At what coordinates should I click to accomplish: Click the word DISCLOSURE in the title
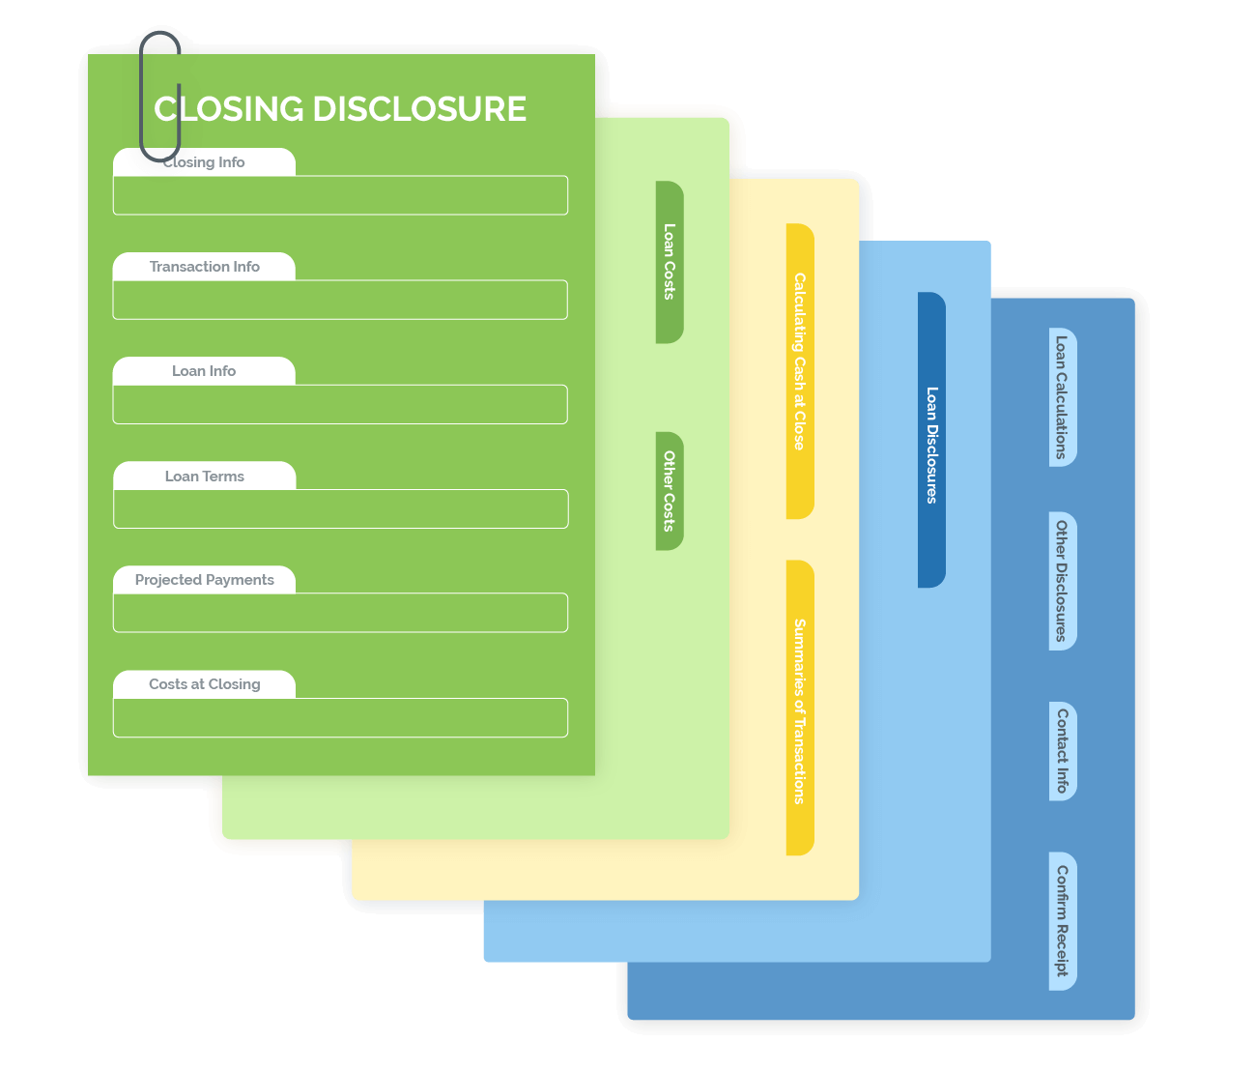[x=420, y=109]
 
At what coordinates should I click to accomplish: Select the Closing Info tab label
[x=204, y=162]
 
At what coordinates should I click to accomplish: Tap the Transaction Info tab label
[x=204, y=267]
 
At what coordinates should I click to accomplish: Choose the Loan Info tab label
[x=204, y=371]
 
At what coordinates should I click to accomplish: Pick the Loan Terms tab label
[x=204, y=477]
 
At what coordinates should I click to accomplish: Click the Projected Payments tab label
[x=204, y=580]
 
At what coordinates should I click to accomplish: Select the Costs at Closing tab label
[x=204, y=684]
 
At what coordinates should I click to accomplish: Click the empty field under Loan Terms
[x=340, y=508]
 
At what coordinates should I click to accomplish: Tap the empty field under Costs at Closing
[x=340, y=717]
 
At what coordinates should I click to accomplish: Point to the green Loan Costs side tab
[x=670, y=262]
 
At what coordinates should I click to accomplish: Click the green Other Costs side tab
[x=670, y=491]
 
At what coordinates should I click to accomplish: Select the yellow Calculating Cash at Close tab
[x=800, y=371]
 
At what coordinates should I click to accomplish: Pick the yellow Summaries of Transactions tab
[x=800, y=708]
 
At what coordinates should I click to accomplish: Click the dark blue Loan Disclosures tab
[x=931, y=440]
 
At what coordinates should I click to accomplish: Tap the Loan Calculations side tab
[x=1062, y=397]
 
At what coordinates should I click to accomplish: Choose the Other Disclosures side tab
[x=1062, y=581]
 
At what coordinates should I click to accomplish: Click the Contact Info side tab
[x=1062, y=751]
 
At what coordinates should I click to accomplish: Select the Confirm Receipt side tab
[x=1062, y=921]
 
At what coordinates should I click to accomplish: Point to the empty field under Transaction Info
[x=340, y=300]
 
